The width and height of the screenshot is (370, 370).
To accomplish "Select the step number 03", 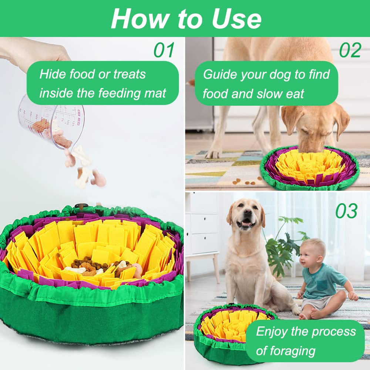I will [x=346, y=211].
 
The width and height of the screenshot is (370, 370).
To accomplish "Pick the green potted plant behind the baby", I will [x=283, y=244].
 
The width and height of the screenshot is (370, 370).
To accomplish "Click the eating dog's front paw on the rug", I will [x=214, y=153].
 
